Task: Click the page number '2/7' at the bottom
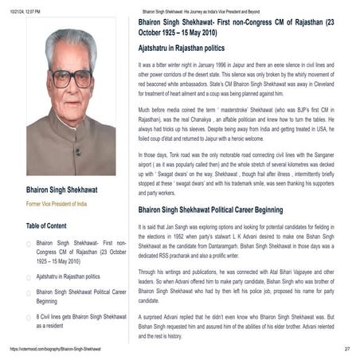point(347,350)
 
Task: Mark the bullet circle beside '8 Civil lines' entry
point(29,317)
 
